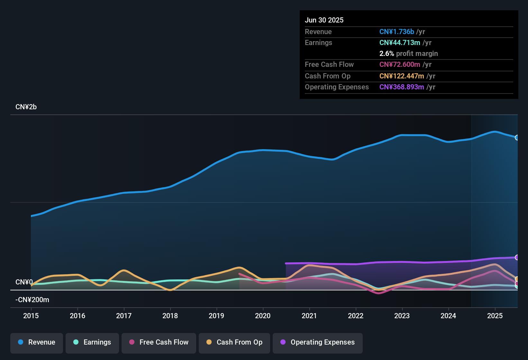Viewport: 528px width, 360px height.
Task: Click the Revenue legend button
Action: click(37, 342)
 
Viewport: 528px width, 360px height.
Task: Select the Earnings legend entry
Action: click(92, 342)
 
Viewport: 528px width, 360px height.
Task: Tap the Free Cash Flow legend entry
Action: click(159, 342)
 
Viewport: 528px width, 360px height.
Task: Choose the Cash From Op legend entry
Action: click(234, 342)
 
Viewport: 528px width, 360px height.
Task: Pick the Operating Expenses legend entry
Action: click(318, 342)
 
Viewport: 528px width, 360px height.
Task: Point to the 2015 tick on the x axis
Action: click(31, 316)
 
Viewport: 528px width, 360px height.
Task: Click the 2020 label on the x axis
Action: click(263, 316)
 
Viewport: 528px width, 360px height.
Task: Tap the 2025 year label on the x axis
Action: click(495, 316)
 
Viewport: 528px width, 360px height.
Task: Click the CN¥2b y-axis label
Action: click(26, 107)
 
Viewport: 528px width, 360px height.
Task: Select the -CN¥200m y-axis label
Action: click(32, 300)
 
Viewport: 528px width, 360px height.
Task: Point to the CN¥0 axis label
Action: click(24, 282)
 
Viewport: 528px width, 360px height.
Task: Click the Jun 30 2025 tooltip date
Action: click(324, 20)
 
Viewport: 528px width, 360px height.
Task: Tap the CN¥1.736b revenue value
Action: click(396, 32)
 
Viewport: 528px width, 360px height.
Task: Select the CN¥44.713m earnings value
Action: click(400, 43)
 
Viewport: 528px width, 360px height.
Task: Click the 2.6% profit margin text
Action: click(408, 54)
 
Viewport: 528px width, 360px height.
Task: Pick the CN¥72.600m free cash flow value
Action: click(400, 65)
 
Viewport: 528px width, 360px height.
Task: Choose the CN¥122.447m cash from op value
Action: click(402, 76)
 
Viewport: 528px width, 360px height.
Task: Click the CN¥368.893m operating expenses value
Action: click(402, 87)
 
